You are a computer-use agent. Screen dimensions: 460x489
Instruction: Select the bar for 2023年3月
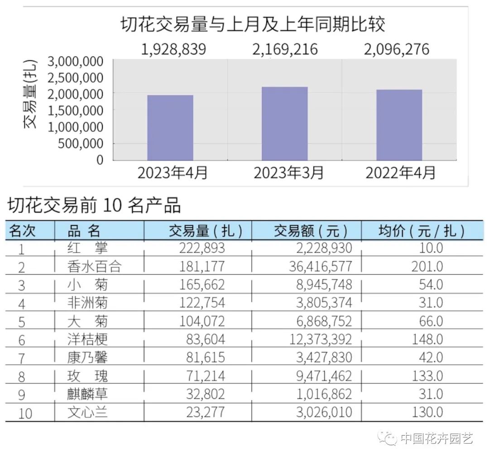click(x=285, y=123)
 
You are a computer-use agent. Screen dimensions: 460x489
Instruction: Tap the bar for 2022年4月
click(x=399, y=125)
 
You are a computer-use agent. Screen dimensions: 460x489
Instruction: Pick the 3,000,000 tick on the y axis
click(x=75, y=61)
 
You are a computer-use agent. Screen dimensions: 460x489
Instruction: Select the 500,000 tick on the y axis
click(x=81, y=144)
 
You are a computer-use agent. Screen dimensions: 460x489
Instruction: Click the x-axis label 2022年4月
click(x=400, y=173)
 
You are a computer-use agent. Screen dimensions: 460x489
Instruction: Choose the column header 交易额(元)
click(x=311, y=231)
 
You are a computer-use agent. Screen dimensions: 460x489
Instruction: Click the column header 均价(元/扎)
click(x=421, y=231)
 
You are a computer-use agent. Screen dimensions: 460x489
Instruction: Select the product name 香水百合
click(x=94, y=267)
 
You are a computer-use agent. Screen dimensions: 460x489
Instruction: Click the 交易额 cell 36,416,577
click(x=320, y=267)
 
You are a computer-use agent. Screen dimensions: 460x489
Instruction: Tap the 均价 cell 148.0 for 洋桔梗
click(x=427, y=339)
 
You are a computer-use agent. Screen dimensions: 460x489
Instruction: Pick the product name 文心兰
click(x=87, y=412)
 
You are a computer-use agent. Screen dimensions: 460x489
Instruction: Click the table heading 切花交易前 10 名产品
click(x=94, y=206)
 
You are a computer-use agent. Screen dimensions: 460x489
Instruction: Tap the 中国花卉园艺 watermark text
click(x=437, y=438)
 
